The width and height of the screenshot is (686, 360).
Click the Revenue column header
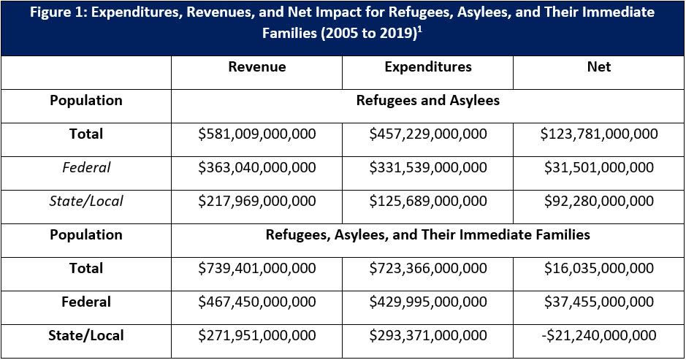pos(257,67)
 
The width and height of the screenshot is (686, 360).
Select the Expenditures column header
pos(428,67)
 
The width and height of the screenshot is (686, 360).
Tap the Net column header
pos(598,67)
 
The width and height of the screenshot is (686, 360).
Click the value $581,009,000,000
pos(257,134)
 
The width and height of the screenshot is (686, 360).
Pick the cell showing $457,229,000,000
pos(428,134)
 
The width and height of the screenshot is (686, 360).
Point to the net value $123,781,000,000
pos(599,134)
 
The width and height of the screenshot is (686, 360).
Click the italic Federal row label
pos(86,168)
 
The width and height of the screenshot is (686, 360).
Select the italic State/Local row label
pos(86,202)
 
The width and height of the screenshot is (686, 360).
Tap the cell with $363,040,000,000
pos(257,168)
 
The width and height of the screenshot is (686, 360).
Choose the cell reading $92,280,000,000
pos(599,202)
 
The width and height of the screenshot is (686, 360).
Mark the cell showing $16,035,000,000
pos(599,269)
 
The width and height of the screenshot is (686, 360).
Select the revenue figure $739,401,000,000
pos(257,269)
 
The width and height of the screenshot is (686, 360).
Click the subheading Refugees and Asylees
pos(428,101)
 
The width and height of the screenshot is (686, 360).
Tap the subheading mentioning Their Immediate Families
pos(428,235)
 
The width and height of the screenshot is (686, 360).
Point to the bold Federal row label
pos(86,302)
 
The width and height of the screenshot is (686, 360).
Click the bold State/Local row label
pos(86,336)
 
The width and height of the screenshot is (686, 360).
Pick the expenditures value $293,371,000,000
pos(428,336)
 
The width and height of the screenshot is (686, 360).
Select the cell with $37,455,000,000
pos(599,302)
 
